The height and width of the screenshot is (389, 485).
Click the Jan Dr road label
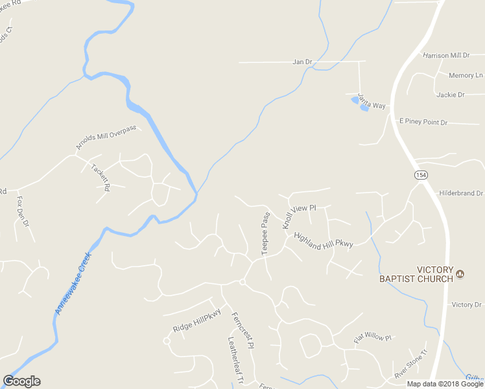point(302,62)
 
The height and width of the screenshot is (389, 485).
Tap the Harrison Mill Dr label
point(445,56)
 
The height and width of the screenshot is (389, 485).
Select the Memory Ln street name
point(461,76)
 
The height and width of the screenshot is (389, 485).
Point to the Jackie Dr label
point(451,95)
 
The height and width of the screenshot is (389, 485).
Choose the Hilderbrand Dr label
point(462,193)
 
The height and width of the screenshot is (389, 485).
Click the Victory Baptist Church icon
point(461,274)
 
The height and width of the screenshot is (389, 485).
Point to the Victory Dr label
point(467,305)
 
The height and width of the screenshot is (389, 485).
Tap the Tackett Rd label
point(101,176)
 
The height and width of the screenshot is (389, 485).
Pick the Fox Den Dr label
point(23,211)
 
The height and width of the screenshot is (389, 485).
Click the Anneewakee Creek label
point(73,283)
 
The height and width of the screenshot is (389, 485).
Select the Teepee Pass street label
point(265,233)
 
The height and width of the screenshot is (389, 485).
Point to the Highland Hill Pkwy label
point(323,239)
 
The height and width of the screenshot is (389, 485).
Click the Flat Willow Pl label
point(373,338)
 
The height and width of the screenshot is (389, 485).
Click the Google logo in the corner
point(21,381)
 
